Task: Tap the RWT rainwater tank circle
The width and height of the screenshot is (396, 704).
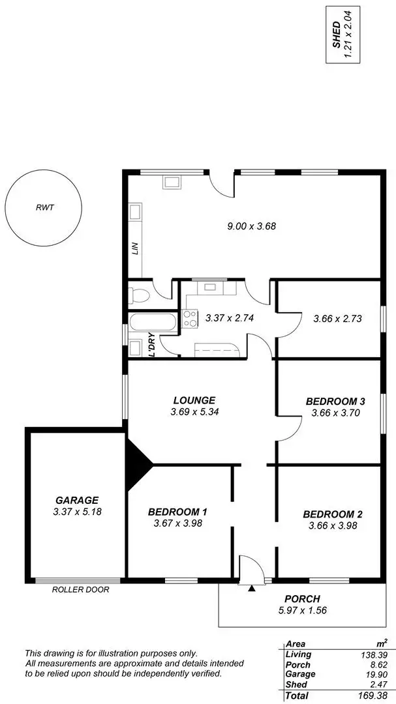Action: tap(44, 208)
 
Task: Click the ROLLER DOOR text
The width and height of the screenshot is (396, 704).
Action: tap(80, 589)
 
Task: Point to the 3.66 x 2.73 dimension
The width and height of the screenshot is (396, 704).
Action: tap(337, 319)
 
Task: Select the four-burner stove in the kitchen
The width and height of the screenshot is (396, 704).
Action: tap(190, 319)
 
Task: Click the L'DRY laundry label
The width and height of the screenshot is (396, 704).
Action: tap(151, 345)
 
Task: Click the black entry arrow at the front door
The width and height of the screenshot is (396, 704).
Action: tap(252, 587)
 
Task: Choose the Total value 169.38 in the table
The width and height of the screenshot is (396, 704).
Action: tap(376, 696)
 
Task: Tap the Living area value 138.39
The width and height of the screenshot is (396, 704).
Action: tap(377, 654)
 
